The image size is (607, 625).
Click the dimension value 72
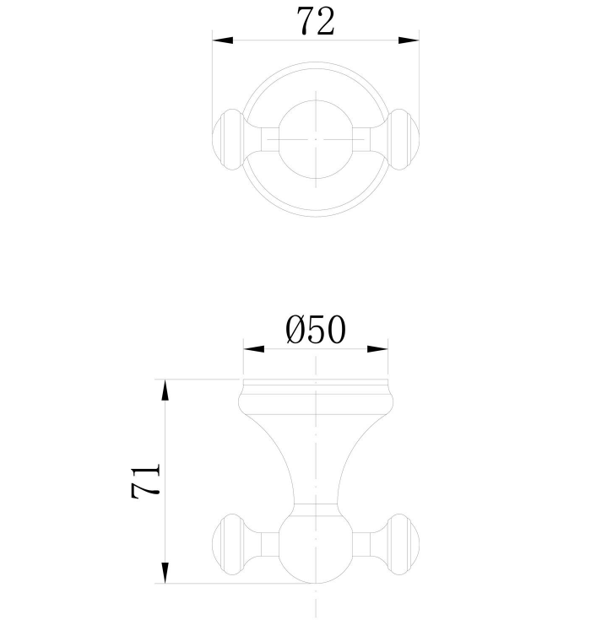315,21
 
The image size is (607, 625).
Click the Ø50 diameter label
316,330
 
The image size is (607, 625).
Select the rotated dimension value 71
145,482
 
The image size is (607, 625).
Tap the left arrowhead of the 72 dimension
222,39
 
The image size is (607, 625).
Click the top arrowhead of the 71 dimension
165,390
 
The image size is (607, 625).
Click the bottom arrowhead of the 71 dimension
165,574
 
